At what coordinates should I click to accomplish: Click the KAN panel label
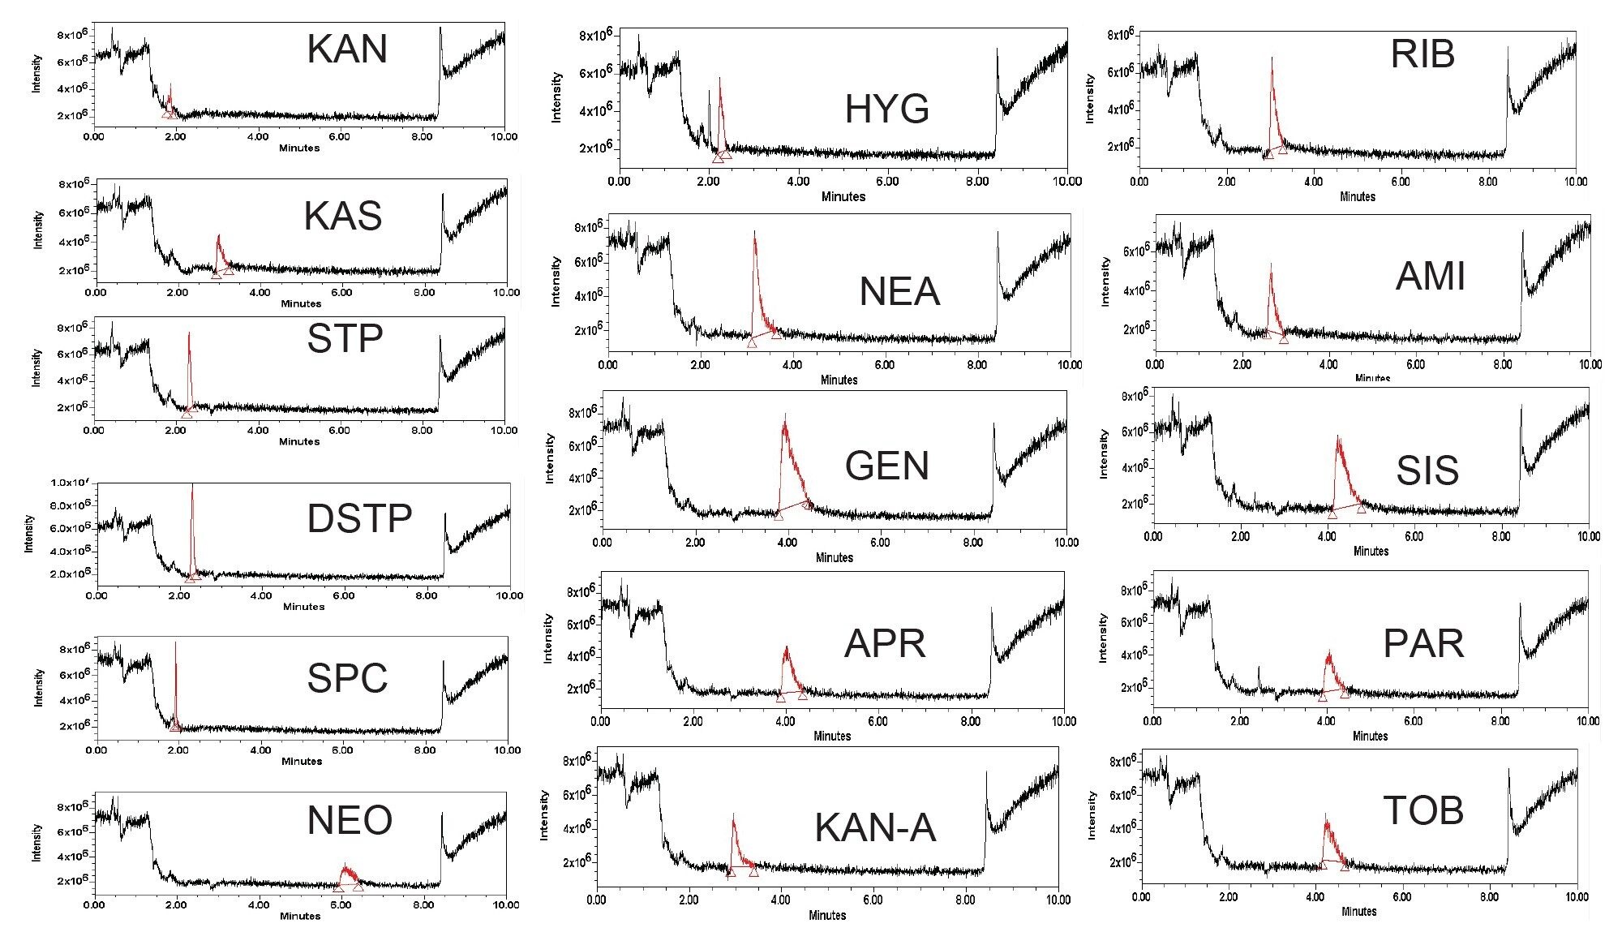pyautogui.click(x=347, y=49)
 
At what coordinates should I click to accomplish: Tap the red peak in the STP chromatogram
pyautogui.click(x=189, y=365)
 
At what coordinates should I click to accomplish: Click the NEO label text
pyautogui.click(x=350, y=820)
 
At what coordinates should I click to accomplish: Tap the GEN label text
pyautogui.click(x=886, y=466)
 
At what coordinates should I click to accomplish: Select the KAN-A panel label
pyautogui.click(x=874, y=828)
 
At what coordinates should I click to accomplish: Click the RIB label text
pyautogui.click(x=1422, y=54)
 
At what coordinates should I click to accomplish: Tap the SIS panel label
pyautogui.click(x=1427, y=470)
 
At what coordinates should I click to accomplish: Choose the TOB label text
pyautogui.click(x=1423, y=810)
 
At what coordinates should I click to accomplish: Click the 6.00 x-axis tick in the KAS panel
pyautogui.click(x=342, y=293)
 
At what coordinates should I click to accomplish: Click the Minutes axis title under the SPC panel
pyautogui.click(x=302, y=761)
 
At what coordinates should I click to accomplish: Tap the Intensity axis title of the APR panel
pyautogui.click(x=547, y=638)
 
